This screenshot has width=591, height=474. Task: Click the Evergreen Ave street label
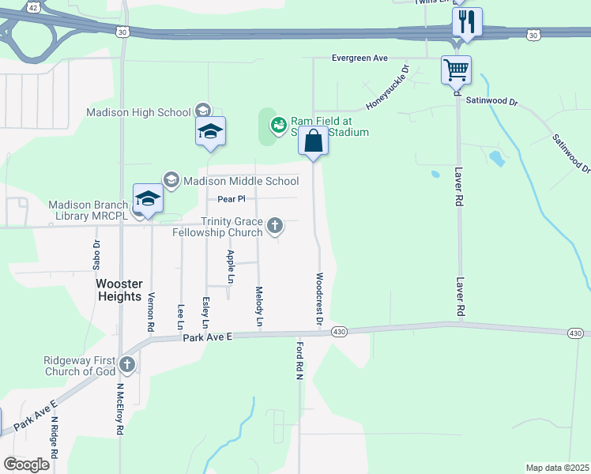(x=360, y=58)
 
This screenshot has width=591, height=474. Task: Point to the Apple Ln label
(x=230, y=266)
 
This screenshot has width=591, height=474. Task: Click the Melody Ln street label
(x=259, y=307)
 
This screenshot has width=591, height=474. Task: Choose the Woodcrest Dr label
(x=319, y=299)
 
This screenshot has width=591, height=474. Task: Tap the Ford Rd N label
(x=300, y=361)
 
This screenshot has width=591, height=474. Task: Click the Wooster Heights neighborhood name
(x=119, y=290)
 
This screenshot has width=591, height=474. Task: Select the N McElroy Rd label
(x=120, y=409)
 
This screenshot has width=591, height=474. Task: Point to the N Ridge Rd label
(x=55, y=438)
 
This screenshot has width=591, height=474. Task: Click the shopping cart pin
(x=456, y=70)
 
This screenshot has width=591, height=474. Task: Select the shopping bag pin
(x=313, y=141)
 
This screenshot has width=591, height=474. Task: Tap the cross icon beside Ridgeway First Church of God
(x=127, y=365)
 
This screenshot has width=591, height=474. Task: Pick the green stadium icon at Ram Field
(x=278, y=125)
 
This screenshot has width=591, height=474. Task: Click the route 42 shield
(x=32, y=6)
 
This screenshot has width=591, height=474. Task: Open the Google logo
(x=26, y=465)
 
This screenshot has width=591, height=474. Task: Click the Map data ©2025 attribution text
(x=556, y=468)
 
